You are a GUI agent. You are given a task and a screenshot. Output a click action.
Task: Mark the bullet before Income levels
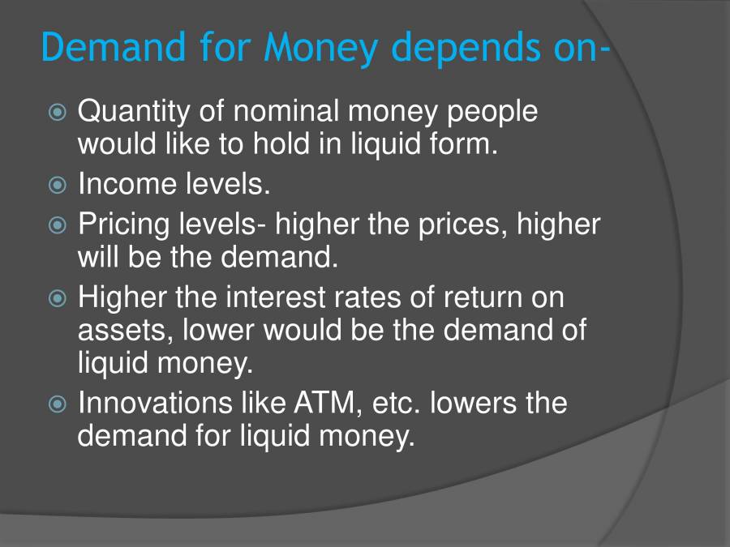(x=56, y=186)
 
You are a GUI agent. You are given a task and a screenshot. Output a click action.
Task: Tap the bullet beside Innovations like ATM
(x=56, y=404)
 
